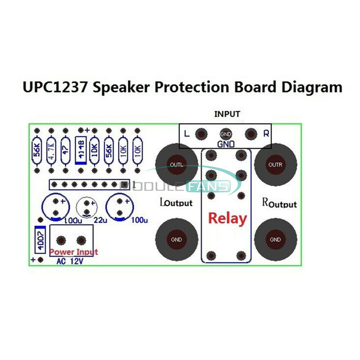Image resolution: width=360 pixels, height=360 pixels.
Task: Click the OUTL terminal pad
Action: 176,165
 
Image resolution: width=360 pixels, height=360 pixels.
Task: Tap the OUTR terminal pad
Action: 275,165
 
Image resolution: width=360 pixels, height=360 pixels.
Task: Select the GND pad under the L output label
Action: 176,239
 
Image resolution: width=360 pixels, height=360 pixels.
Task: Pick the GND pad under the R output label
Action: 275,239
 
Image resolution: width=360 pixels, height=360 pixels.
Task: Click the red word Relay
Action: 228,218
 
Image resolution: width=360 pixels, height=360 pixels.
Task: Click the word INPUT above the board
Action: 227,114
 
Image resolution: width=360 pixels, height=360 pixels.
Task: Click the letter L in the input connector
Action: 186,134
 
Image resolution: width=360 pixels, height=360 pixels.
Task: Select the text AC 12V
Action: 70,262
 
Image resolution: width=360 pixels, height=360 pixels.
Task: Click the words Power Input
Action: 73,252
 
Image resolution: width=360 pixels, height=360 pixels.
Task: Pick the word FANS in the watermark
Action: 209,186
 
